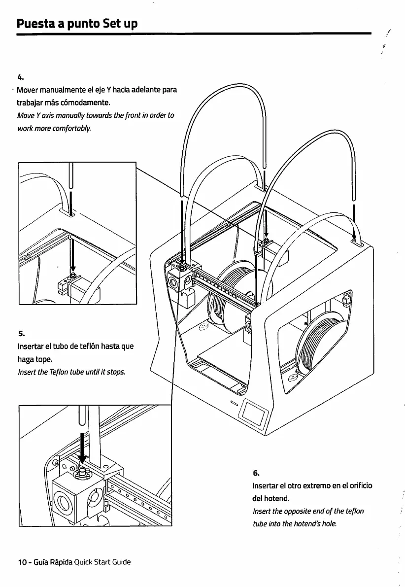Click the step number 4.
coord(20,77)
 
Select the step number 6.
coord(256,473)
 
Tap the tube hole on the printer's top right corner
coord(356,241)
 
